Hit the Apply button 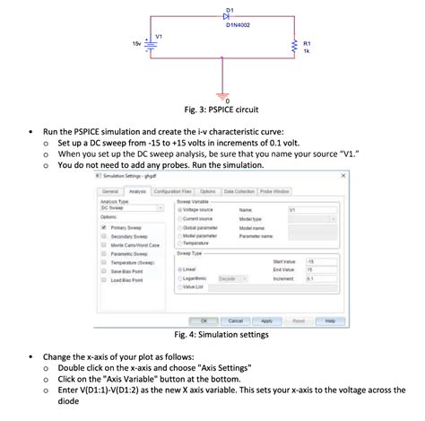(266, 320)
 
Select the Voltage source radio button (182, 210)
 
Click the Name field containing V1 (312, 210)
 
